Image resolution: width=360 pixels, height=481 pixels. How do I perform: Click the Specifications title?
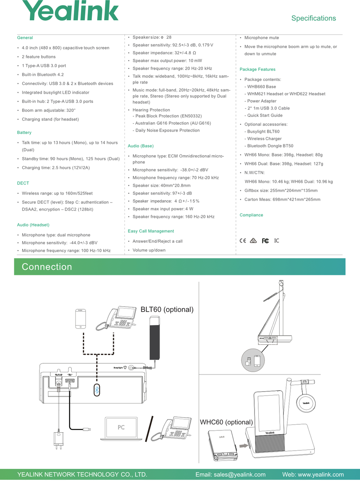313,18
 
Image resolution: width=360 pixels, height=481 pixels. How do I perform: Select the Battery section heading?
24,133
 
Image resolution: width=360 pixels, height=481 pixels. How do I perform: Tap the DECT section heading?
23,183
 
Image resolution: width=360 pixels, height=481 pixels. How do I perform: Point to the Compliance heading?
251,215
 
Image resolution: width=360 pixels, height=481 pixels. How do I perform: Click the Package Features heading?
257,69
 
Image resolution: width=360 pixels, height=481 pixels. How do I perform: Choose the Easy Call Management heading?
151,231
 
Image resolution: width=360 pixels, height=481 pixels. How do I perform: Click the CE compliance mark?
243,241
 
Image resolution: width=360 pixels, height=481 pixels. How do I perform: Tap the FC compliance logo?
265,241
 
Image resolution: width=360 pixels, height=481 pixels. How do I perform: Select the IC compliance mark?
276,241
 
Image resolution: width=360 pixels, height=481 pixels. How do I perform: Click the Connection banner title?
47,267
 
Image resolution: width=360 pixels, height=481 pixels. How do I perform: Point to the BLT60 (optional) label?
167,310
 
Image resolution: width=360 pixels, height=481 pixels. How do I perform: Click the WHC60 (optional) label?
226,422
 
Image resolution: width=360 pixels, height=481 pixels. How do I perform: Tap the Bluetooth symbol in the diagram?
97,390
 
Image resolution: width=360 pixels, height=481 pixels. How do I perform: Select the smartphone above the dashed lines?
81,319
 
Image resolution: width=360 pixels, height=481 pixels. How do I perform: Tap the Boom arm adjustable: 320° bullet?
49,111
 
